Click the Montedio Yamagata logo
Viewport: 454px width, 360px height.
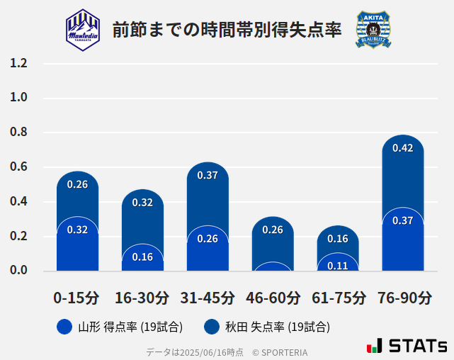tap(83, 29)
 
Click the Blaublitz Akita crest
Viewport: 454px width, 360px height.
tap(373, 29)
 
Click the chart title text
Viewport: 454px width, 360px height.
tap(227, 30)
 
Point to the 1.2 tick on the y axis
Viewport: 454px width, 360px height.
tap(19, 63)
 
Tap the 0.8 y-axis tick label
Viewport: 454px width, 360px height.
tap(19, 133)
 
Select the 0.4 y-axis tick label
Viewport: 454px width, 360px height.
tap(19, 202)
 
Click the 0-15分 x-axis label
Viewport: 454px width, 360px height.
tap(77, 298)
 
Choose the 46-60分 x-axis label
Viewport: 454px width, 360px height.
tap(273, 298)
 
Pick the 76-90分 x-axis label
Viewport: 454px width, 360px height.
tap(403, 298)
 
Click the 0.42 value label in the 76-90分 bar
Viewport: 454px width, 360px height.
tap(402, 148)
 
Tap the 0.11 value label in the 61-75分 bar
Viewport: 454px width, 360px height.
tap(338, 266)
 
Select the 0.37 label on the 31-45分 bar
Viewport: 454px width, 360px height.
tap(208, 175)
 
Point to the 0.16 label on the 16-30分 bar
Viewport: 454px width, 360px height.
tap(142, 257)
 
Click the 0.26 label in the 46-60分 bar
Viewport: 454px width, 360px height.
tap(273, 230)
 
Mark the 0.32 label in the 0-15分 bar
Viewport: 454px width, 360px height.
tap(77, 230)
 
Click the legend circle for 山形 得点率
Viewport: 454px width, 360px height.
tap(64, 327)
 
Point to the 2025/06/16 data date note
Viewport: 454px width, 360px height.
tap(195, 351)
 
